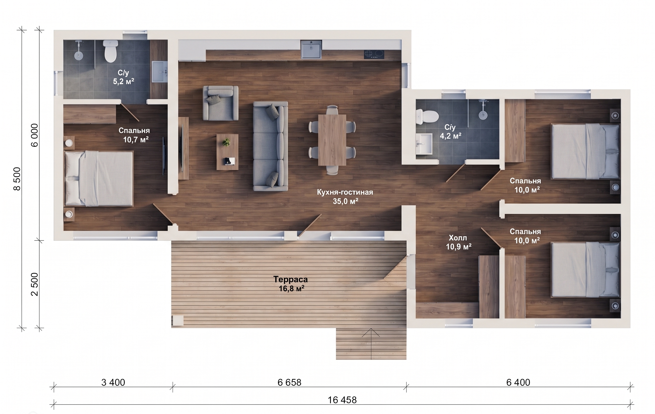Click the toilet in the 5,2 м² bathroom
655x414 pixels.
click(x=111, y=51)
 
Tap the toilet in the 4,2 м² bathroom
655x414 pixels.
click(x=427, y=117)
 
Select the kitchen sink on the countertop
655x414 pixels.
click(x=311, y=49)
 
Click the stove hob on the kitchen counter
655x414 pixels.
click(x=374, y=55)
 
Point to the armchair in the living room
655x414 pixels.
click(x=221, y=103)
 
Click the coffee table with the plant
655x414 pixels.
click(x=227, y=152)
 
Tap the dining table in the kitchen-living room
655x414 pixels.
click(x=332, y=140)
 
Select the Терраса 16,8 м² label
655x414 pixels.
click(x=291, y=284)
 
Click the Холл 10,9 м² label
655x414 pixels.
click(x=458, y=242)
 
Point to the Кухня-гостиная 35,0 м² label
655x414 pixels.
click(x=345, y=197)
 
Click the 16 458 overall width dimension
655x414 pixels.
click(x=342, y=400)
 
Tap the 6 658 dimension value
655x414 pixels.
click(x=289, y=383)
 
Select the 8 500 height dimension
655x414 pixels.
click(x=17, y=179)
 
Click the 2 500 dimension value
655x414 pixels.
click(x=34, y=284)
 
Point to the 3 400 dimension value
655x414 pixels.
click(x=113, y=383)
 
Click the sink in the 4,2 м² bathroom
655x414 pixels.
click(x=424, y=144)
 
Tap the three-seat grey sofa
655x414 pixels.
click(x=270, y=146)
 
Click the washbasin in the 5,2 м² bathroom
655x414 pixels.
click(x=160, y=72)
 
